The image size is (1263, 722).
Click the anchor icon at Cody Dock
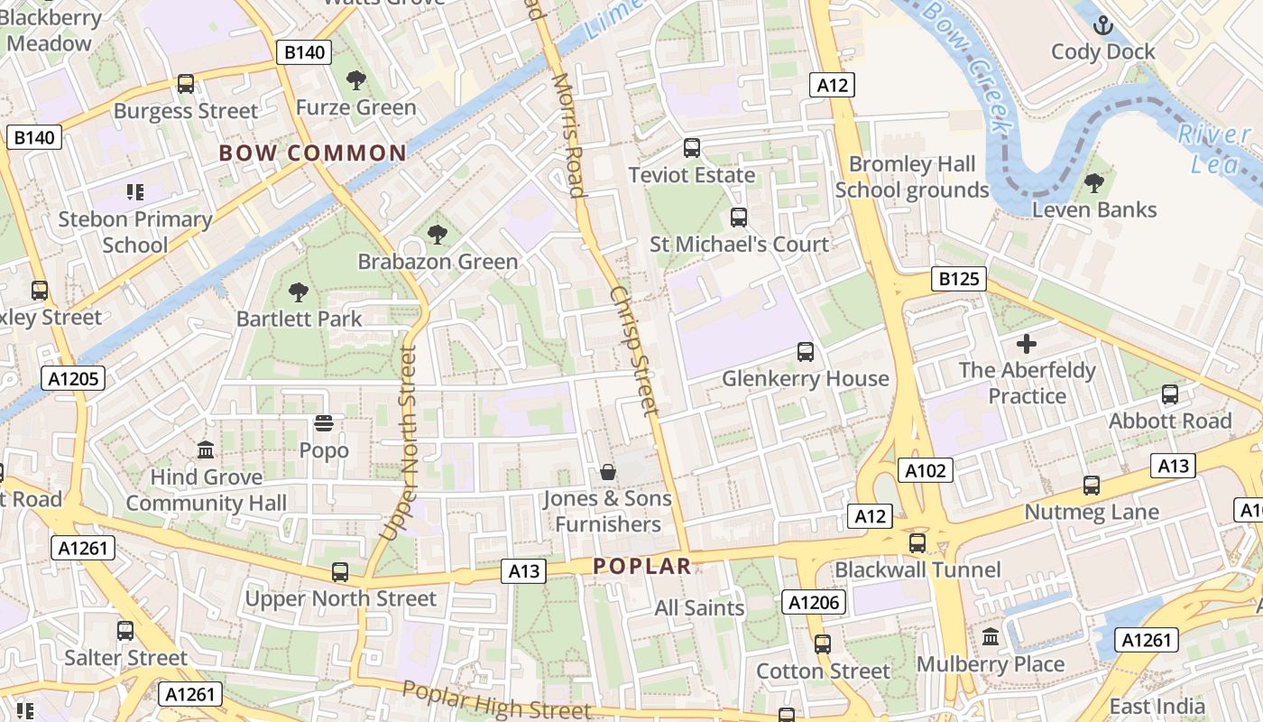click(x=1102, y=25)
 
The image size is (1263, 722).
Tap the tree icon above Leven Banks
click(x=1093, y=183)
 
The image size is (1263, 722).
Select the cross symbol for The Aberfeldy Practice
click(x=1027, y=344)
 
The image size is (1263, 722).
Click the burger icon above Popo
click(x=324, y=423)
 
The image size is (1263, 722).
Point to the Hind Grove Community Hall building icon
click(x=206, y=449)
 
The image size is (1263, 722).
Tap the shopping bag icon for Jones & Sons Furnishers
click(x=608, y=471)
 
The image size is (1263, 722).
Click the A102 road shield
click(x=925, y=469)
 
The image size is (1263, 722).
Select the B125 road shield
click(x=958, y=279)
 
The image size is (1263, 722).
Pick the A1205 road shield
click(x=74, y=378)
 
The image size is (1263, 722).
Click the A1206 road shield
click(x=815, y=602)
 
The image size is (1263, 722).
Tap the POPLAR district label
click(x=642, y=567)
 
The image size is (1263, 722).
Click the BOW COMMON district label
click(x=313, y=153)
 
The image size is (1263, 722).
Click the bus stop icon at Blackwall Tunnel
click(x=917, y=542)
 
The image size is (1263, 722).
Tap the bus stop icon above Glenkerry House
click(x=805, y=351)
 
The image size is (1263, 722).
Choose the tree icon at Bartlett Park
click(x=299, y=292)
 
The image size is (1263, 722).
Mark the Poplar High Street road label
click(x=496, y=700)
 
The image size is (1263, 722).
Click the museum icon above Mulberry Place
click(x=991, y=637)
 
